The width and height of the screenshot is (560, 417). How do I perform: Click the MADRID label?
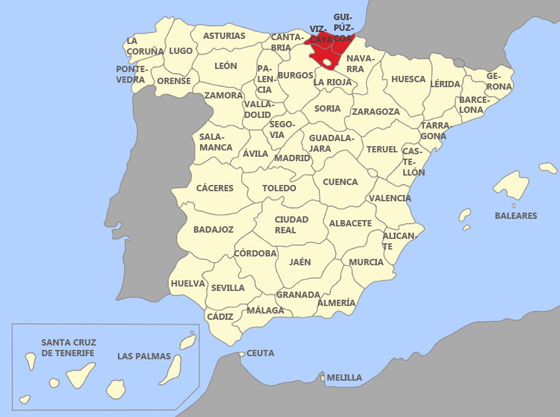click(x=292, y=158)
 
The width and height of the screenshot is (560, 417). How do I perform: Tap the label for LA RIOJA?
click(x=332, y=82)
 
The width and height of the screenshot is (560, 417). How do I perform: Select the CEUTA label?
click(x=260, y=354)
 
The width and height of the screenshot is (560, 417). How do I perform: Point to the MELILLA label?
click(x=344, y=377)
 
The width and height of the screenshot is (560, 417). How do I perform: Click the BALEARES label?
click(x=515, y=216)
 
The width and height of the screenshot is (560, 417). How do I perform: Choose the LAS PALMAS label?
click(x=144, y=356)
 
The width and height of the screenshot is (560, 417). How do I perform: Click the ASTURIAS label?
click(x=225, y=36)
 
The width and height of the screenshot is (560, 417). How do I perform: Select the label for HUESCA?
click(x=408, y=80)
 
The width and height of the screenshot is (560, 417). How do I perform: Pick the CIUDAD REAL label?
click(x=292, y=224)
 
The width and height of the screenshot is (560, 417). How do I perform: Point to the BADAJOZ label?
click(x=213, y=230)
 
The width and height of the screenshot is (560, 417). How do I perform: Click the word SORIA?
click(x=327, y=108)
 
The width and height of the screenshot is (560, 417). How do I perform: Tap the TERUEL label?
click(x=382, y=149)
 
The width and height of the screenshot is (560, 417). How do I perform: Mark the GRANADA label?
click(x=298, y=294)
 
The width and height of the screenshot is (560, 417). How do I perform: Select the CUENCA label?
click(x=341, y=182)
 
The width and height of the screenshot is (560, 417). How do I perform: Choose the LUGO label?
click(x=181, y=51)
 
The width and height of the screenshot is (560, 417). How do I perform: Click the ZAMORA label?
click(x=223, y=95)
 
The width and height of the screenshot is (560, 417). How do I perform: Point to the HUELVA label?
click(x=188, y=283)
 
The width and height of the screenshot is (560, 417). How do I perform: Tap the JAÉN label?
click(x=300, y=262)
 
